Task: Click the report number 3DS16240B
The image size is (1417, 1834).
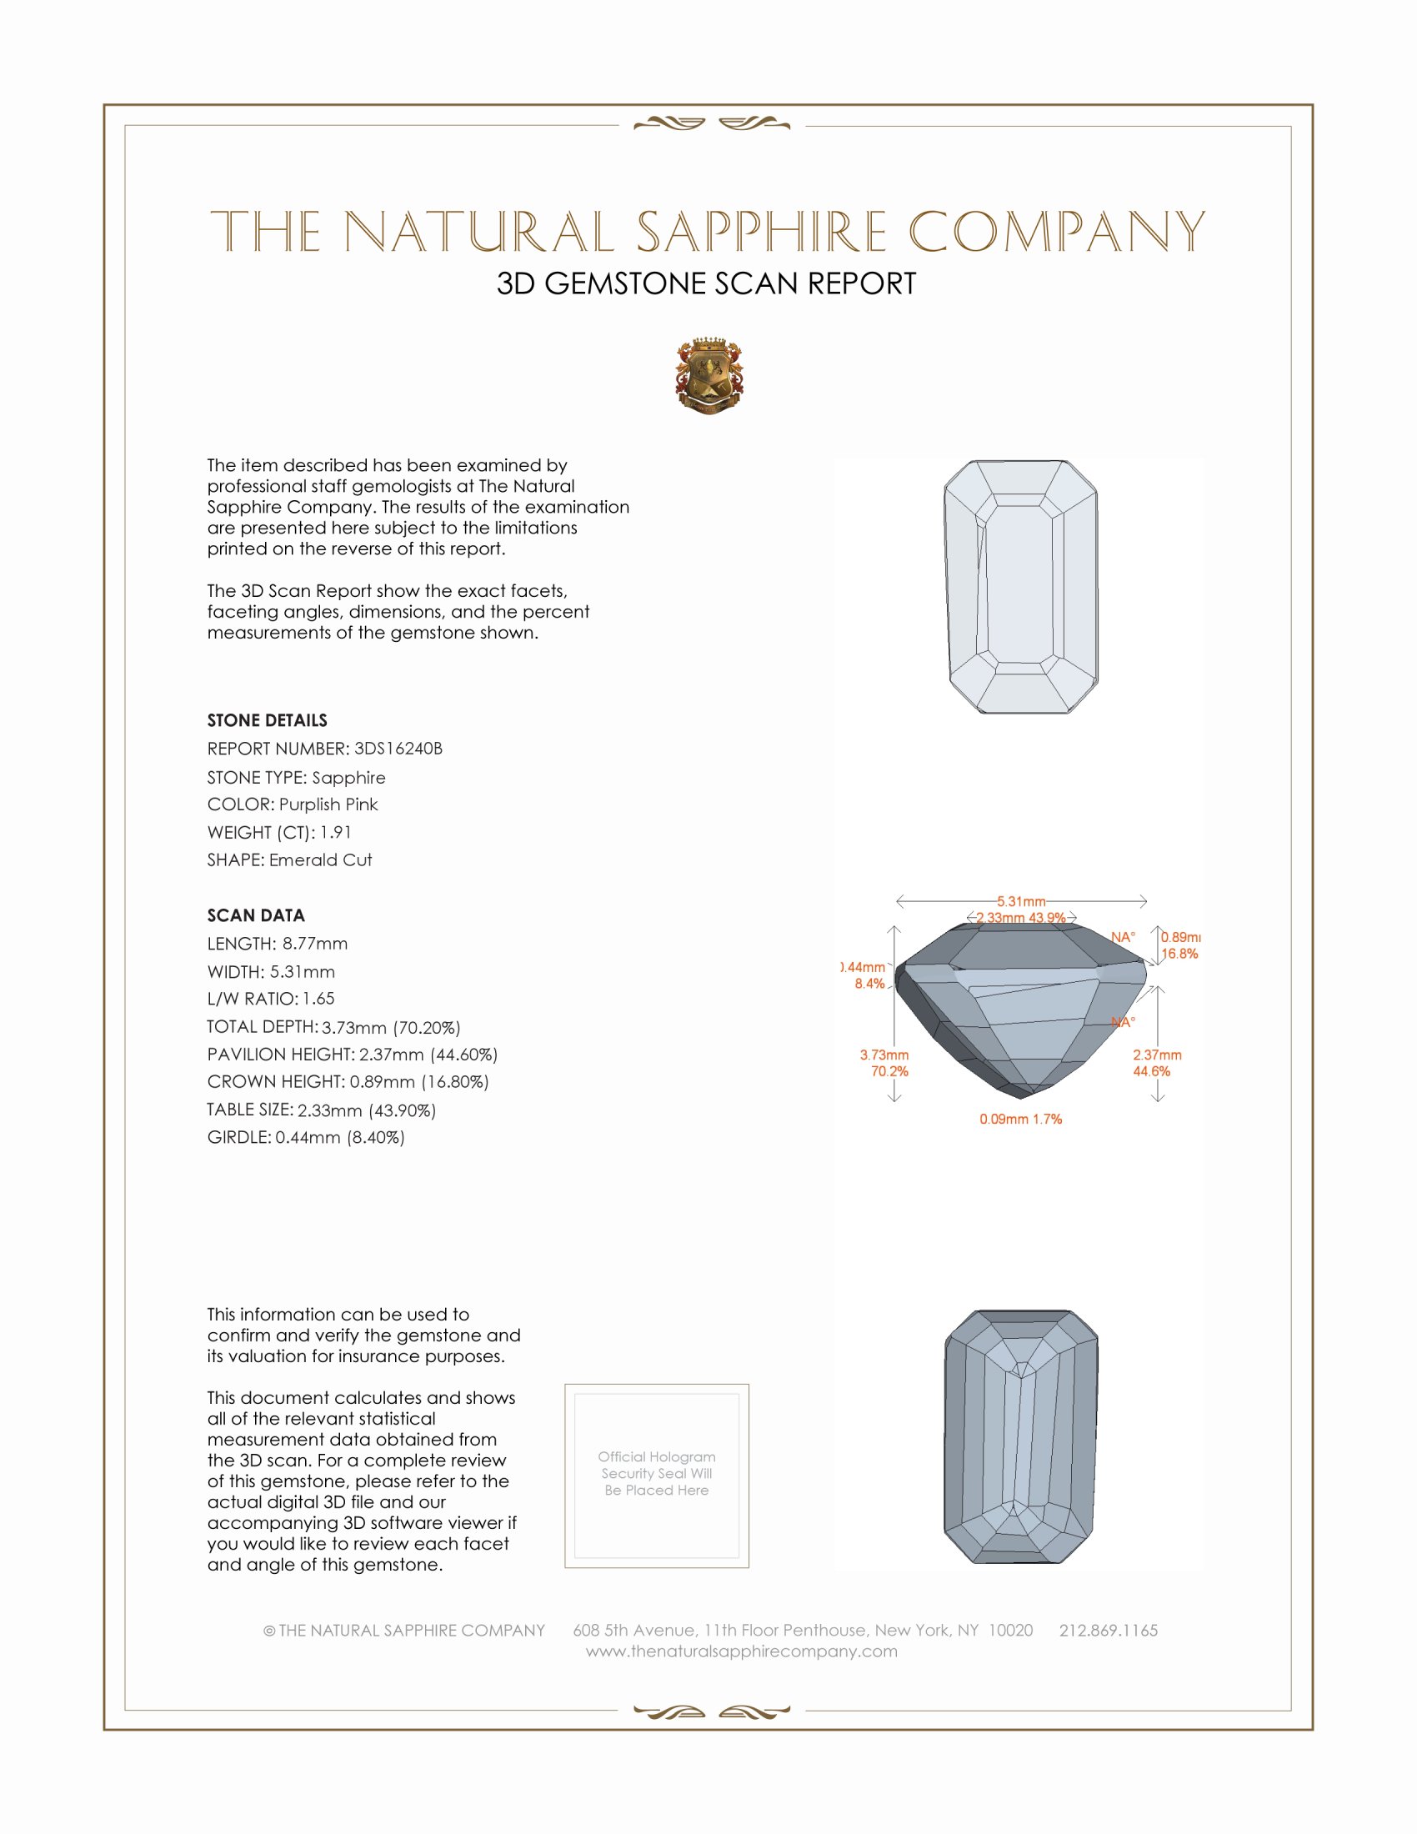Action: (x=398, y=749)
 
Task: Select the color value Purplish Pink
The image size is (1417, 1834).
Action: (x=328, y=804)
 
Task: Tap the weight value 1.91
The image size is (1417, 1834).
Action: (x=336, y=832)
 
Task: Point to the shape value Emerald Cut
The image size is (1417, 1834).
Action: (x=320, y=860)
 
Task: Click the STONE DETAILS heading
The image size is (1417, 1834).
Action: (x=267, y=720)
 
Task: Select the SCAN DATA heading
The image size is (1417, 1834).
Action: (x=256, y=915)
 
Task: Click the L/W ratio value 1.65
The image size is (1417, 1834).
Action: (x=319, y=999)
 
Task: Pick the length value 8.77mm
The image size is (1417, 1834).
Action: (x=315, y=944)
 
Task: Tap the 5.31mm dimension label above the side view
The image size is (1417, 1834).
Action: (x=1021, y=902)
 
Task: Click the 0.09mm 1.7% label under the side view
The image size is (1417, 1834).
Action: (x=1020, y=1120)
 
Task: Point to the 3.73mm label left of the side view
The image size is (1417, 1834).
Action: (x=884, y=1055)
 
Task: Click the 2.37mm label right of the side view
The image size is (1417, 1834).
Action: (x=1157, y=1055)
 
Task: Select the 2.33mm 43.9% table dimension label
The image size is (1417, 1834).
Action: (x=1021, y=918)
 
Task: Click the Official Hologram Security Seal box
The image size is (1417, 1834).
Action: (x=657, y=1476)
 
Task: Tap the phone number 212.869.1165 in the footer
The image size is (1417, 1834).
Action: (x=1108, y=1630)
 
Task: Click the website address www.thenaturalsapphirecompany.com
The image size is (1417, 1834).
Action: (x=741, y=1651)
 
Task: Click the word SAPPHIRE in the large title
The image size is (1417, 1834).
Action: (x=761, y=233)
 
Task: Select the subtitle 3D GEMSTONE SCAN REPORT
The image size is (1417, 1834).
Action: (x=706, y=283)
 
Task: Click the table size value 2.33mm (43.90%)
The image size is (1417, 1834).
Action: (x=367, y=1110)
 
